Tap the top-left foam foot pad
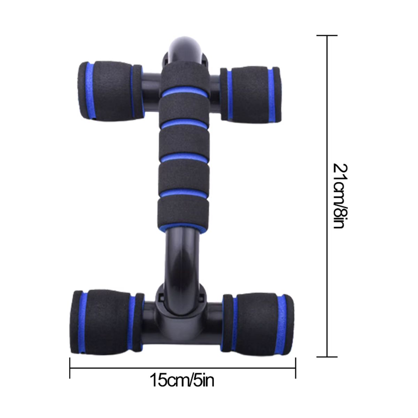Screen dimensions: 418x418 coord(110,91)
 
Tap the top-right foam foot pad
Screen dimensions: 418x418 coord(251,95)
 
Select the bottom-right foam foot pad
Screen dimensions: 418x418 coord(260,320)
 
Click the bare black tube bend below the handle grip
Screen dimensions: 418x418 coord(183,254)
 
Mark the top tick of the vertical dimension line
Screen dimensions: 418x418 coord(327,36)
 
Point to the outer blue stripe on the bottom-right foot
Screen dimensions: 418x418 coord(288,320)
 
